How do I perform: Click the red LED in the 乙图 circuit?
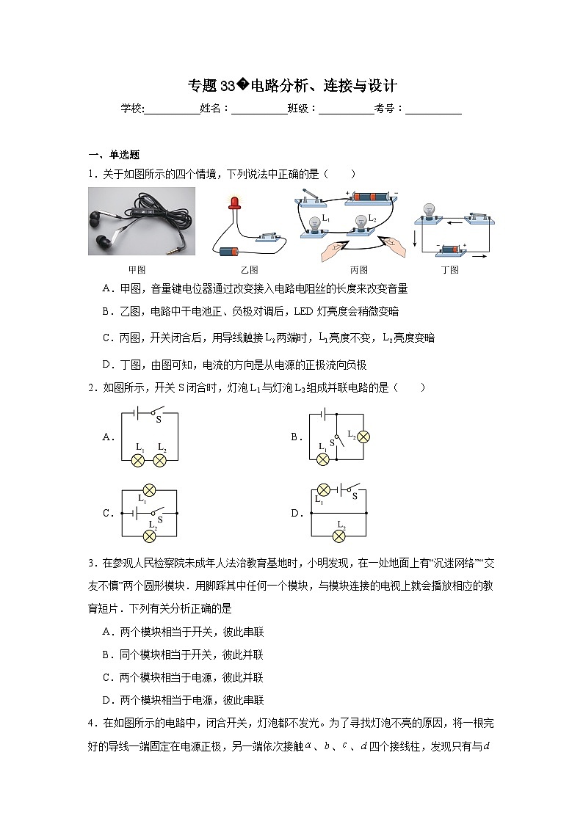(x=236, y=202)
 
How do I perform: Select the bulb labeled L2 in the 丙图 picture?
(x=361, y=222)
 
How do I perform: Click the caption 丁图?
(x=449, y=269)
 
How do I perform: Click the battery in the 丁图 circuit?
(x=451, y=250)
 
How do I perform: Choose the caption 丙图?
(x=358, y=269)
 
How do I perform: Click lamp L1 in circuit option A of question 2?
(x=137, y=460)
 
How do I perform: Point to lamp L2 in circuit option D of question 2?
(x=339, y=536)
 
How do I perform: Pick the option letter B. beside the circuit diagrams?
(x=296, y=437)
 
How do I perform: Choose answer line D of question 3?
(x=184, y=700)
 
